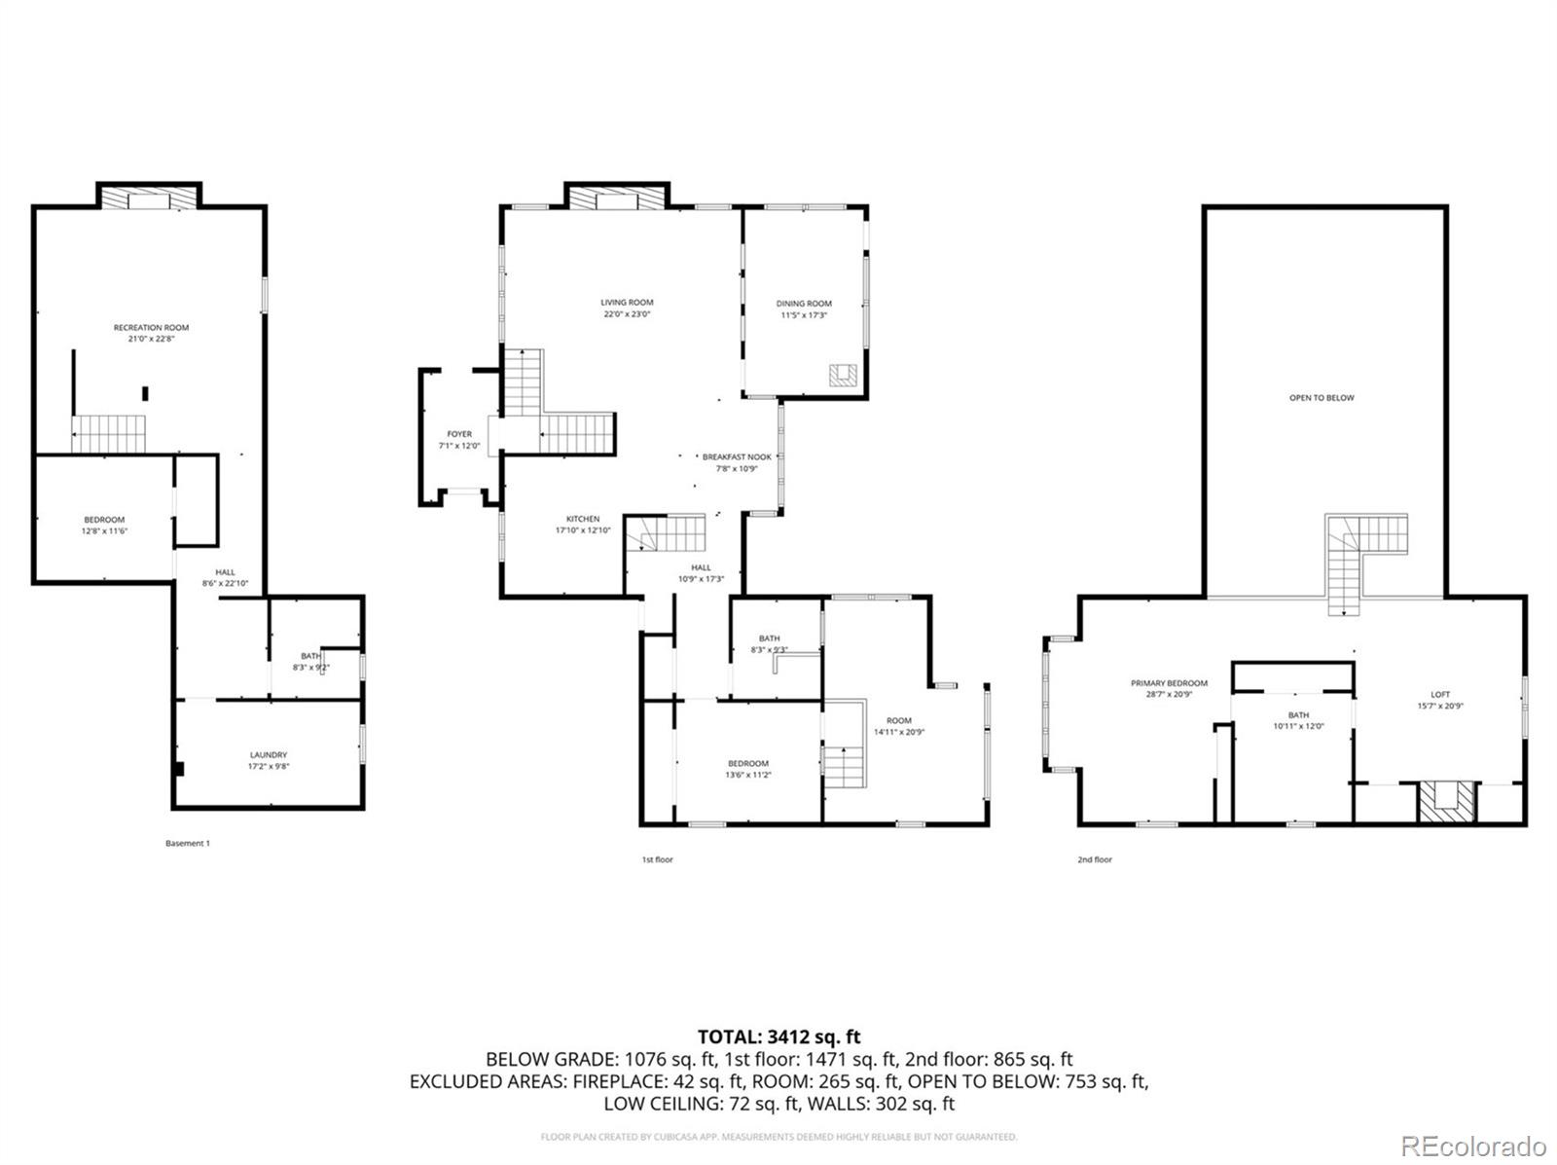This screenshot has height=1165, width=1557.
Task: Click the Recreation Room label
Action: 151,328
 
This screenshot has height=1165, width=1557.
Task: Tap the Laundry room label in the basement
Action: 268,754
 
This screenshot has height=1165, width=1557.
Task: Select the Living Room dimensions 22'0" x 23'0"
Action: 627,314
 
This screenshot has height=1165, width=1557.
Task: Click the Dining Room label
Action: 804,304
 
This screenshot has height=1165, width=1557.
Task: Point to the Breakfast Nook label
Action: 737,456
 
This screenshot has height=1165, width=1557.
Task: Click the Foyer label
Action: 459,434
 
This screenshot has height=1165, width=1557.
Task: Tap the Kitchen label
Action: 583,519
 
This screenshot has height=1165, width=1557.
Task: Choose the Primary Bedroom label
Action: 1169,683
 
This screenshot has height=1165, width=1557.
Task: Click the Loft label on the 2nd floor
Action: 1440,694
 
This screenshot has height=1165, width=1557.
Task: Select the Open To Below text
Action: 1322,398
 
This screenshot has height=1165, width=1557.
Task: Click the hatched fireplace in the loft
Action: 1446,803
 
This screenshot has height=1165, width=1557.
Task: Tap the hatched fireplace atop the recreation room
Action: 149,198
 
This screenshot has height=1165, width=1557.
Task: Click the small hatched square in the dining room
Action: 843,376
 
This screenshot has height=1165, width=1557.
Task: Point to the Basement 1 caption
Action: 188,843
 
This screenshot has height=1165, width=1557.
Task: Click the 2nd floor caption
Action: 1095,859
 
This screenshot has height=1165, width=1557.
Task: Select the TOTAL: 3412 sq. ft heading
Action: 778,1037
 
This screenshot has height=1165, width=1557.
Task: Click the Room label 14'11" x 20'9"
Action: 898,720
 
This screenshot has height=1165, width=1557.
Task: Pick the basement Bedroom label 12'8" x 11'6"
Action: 104,520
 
